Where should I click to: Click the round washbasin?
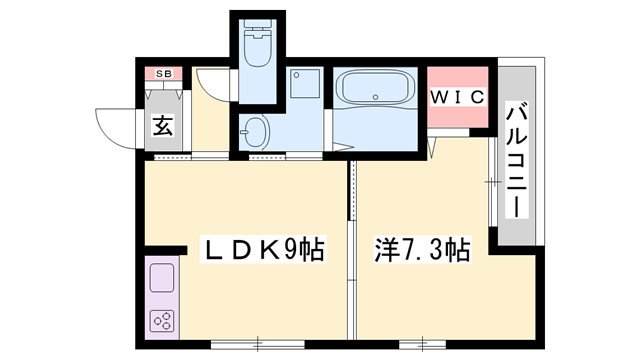pos(255,130)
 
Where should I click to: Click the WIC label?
pos(458,97)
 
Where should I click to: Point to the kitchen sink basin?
pos(161,278)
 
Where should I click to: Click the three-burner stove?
pos(161,320)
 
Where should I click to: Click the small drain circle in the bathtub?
pos(377,98)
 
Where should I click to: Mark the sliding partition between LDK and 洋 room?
pos(350,250)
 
